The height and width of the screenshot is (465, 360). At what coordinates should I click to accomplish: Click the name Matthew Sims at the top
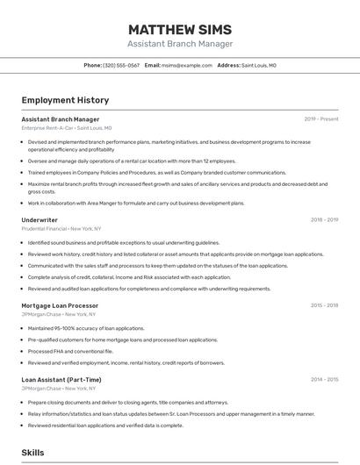180,29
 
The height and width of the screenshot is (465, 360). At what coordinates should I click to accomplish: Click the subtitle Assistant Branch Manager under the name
180,44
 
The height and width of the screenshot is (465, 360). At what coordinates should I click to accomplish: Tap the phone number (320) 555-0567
121,66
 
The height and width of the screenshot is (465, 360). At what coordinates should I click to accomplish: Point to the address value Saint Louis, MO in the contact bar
259,66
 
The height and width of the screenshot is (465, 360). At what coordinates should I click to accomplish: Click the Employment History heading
65,100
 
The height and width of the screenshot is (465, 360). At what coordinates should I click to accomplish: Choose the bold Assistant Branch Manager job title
61,119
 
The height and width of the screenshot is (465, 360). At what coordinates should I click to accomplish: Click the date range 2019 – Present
321,119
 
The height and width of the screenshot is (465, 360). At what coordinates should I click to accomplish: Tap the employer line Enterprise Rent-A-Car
67,128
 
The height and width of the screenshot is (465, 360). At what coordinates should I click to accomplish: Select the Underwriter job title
40,220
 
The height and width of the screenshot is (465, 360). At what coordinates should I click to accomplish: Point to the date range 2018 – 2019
324,220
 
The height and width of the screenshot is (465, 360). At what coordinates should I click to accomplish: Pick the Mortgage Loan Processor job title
60,305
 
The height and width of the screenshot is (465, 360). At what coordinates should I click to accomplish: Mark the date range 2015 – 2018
324,305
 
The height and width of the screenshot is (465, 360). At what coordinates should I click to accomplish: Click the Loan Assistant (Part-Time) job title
61,380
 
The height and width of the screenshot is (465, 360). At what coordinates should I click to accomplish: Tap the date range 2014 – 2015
324,380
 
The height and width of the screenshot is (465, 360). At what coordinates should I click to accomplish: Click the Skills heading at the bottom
32,453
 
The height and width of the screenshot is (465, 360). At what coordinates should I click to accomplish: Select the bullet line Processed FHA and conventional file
70,351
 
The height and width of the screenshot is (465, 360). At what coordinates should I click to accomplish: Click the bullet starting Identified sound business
123,242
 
